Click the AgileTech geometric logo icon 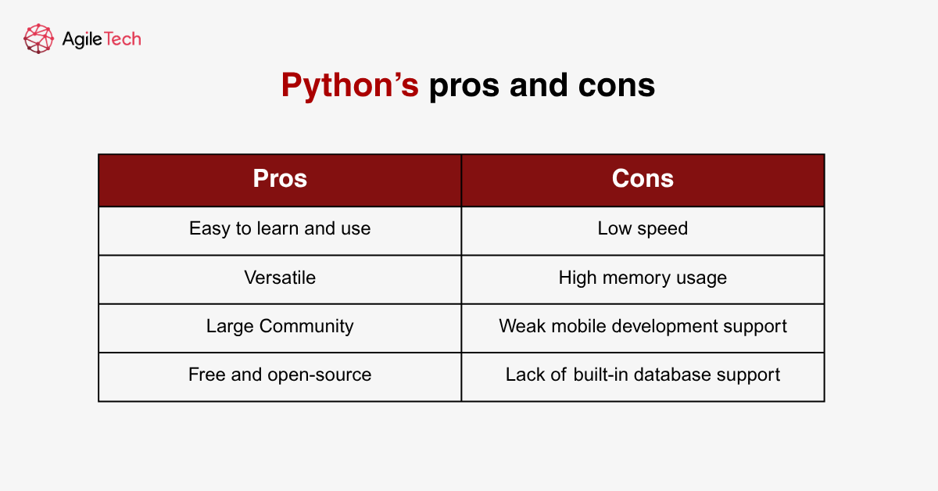click(x=38, y=38)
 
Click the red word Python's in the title click(x=349, y=85)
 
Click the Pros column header click(x=280, y=179)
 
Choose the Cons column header click(x=643, y=179)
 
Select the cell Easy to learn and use click(x=280, y=229)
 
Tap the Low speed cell click(x=643, y=229)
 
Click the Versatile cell click(x=280, y=278)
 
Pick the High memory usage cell click(x=643, y=278)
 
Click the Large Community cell click(x=280, y=326)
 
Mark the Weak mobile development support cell click(x=643, y=326)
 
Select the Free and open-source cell click(x=280, y=375)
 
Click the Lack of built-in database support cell click(x=643, y=375)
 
